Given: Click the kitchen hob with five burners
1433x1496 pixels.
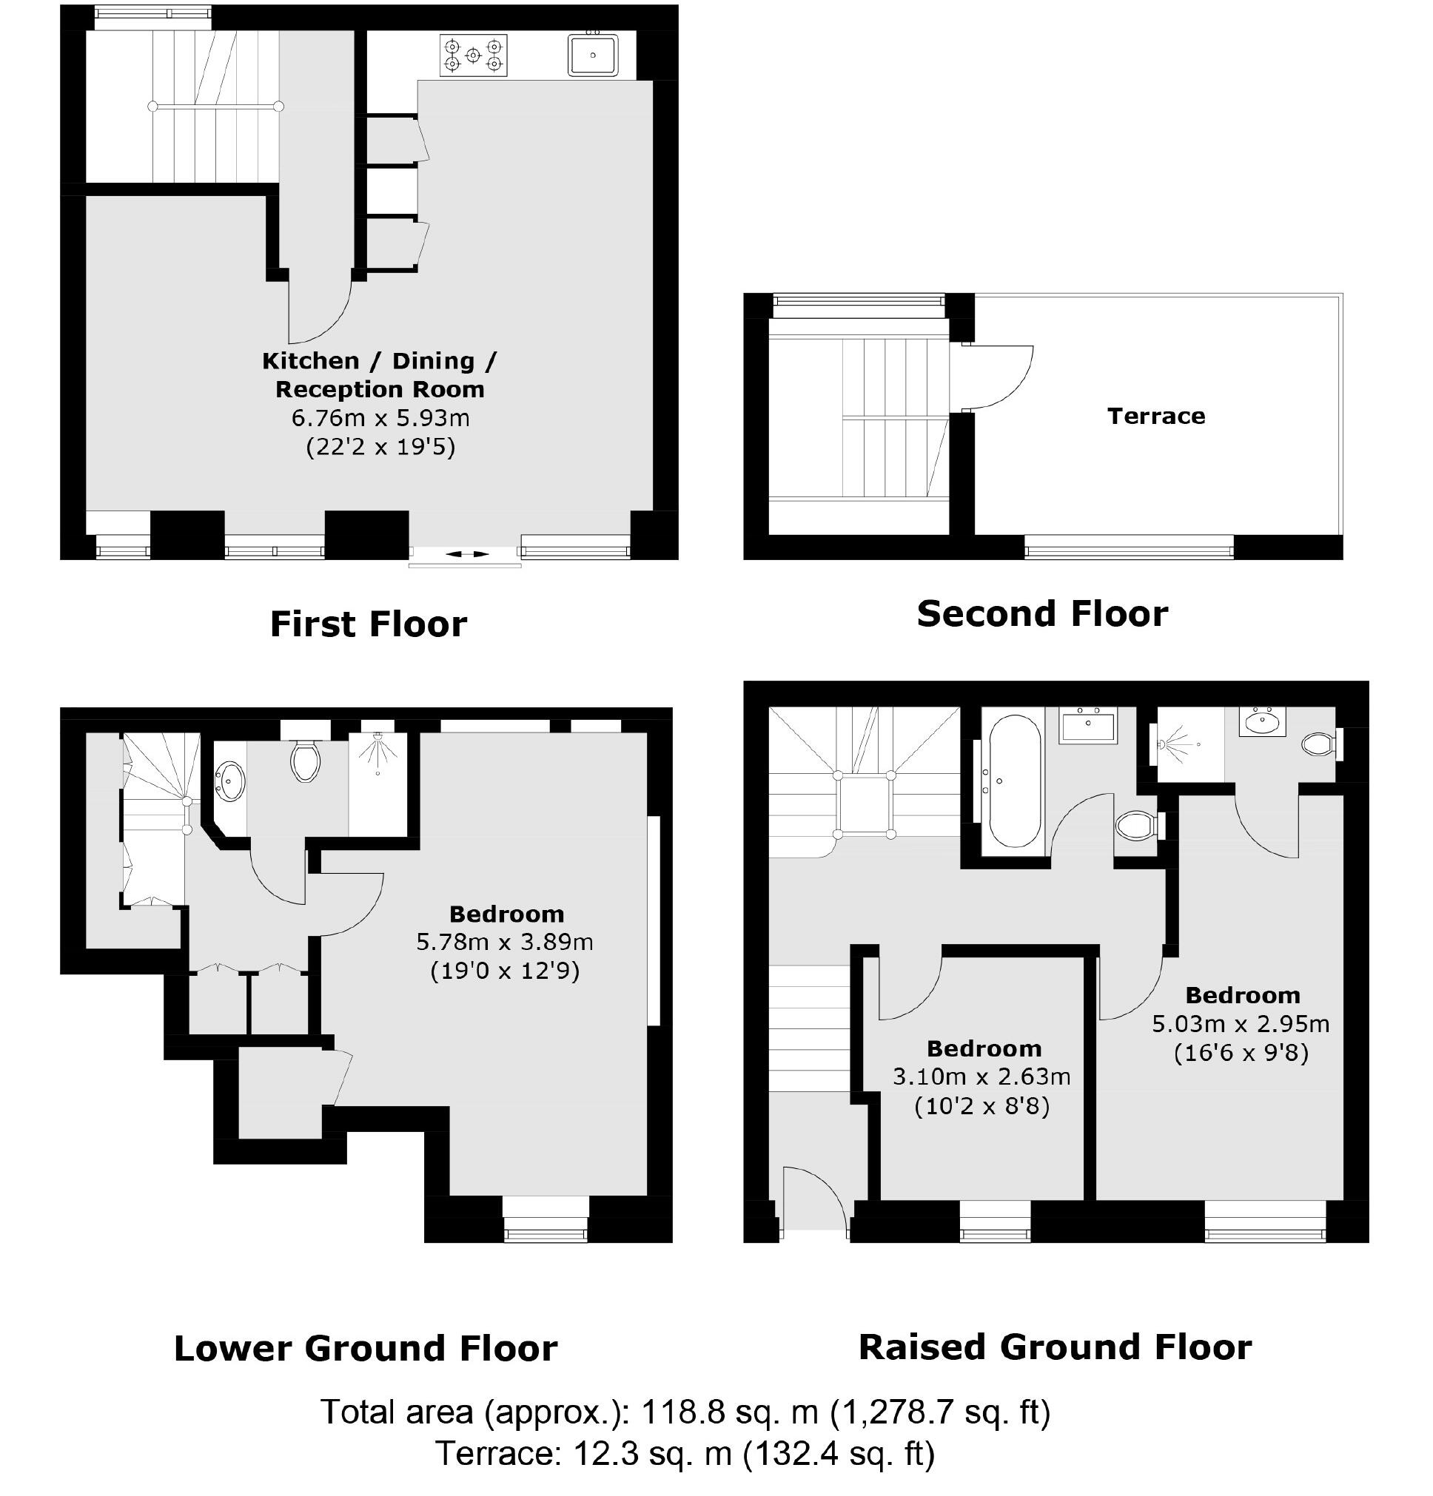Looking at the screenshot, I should [472, 55].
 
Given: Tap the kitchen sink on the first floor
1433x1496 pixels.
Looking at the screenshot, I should [591, 55].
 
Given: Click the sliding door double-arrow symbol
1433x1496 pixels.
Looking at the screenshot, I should [466, 554].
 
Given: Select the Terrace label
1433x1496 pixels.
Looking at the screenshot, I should [1155, 416].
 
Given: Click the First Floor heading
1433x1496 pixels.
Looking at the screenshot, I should [368, 624].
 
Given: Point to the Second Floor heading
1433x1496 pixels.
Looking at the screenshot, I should [1041, 613].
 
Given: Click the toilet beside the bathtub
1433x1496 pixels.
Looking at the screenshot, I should [1135, 824].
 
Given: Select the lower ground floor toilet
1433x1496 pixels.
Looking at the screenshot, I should [305, 761].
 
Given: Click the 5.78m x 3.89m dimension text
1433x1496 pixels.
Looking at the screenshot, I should [504, 942].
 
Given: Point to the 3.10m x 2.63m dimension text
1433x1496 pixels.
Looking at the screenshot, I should [981, 1077].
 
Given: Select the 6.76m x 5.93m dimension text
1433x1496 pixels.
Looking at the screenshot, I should [380, 417].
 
